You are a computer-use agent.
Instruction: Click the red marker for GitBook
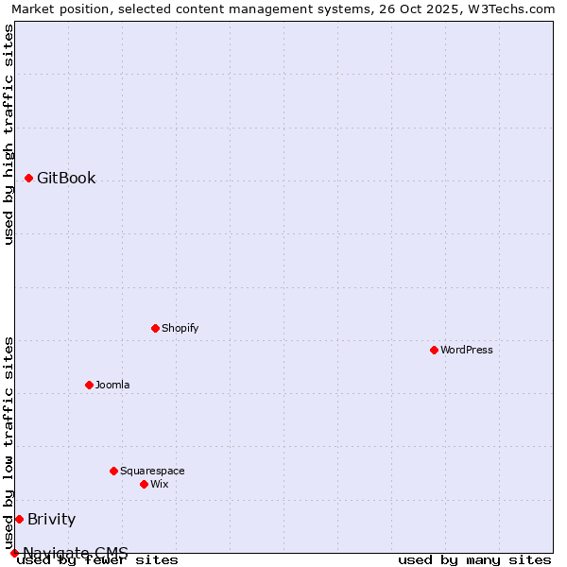tap(29, 178)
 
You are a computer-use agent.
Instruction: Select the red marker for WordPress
tap(434, 350)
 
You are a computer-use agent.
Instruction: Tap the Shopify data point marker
tap(155, 328)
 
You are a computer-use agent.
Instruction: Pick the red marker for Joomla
tap(89, 385)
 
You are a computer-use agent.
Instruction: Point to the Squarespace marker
tap(113, 471)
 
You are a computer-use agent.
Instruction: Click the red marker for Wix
tap(144, 484)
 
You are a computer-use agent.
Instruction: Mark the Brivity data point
tap(19, 519)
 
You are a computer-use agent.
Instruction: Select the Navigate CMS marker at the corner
tap(14, 553)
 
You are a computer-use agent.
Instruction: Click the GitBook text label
tap(66, 178)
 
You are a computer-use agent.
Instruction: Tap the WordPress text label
tap(467, 350)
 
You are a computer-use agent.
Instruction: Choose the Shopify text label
tap(180, 328)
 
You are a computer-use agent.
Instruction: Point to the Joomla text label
tap(112, 385)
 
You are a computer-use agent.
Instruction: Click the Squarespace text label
tap(152, 471)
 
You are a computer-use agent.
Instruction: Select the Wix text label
tap(159, 484)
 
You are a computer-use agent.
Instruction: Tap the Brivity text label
tap(51, 519)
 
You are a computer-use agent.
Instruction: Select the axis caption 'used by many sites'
tap(474, 559)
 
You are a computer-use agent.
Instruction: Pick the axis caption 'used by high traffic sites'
tap(9, 134)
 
